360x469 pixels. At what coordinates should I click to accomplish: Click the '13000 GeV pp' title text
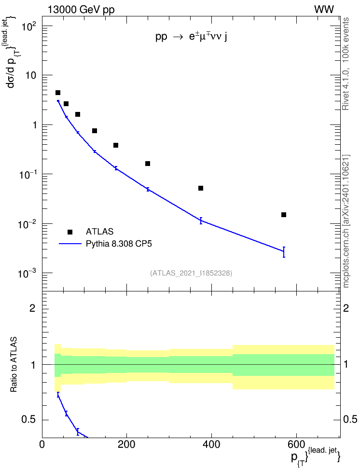(81, 10)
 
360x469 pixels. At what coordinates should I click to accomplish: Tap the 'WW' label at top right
(324, 10)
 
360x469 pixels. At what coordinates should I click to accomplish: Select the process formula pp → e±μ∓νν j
(191, 37)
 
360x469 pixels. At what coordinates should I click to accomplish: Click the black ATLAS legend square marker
(70, 232)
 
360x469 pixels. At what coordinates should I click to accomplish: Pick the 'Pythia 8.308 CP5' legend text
(119, 244)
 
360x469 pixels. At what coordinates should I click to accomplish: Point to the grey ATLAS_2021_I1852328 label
(191, 273)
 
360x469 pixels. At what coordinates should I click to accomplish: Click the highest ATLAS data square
(58, 93)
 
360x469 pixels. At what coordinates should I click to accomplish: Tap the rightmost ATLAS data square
(284, 215)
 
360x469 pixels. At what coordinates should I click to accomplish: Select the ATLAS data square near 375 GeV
(201, 188)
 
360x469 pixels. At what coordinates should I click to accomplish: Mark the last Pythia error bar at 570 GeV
(284, 252)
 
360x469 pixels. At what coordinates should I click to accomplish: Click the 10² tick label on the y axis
(29, 27)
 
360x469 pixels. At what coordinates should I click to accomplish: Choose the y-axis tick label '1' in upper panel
(34, 124)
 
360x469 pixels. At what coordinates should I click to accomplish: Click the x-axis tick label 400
(211, 444)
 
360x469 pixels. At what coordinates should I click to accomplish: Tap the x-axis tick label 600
(296, 444)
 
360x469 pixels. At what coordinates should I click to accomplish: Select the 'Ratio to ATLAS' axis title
(14, 365)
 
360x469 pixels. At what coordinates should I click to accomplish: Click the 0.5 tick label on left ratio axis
(29, 420)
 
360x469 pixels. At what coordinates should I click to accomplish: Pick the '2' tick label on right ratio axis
(346, 308)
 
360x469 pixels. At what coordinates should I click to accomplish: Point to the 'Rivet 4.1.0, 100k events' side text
(346, 64)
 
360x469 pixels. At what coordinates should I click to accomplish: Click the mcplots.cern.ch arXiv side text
(346, 221)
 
